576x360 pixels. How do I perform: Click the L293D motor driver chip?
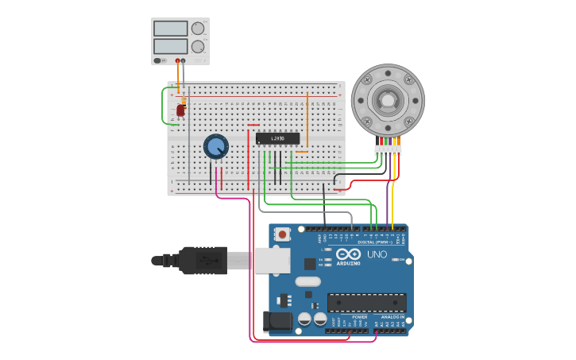point(277,138)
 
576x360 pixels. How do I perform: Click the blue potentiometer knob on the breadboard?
point(215,146)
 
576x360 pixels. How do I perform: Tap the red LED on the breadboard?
point(180,110)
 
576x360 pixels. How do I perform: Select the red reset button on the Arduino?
point(282,234)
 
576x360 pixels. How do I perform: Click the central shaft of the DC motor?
point(388,101)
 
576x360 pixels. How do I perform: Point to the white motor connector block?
point(389,150)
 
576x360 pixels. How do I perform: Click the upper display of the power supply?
point(170,29)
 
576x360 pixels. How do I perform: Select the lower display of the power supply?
point(170,46)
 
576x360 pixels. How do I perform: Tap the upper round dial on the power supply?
point(197,29)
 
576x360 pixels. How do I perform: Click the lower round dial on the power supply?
point(197,47)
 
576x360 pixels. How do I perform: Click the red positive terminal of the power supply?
point(178,60)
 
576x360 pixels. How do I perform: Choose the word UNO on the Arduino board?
point(377,254)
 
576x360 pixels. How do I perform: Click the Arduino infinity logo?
point(348,254)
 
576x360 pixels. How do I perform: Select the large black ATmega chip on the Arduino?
point(366,303)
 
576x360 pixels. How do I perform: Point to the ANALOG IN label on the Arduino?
point(392,317)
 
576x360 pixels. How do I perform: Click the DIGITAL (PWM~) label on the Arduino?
point(374,242)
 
